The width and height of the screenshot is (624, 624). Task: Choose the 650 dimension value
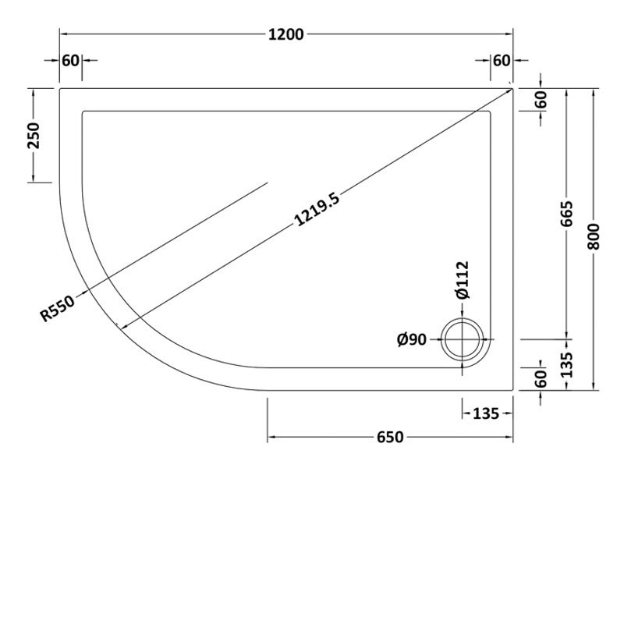390,438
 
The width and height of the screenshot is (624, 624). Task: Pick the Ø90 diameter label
411,339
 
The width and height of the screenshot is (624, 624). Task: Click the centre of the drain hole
463,340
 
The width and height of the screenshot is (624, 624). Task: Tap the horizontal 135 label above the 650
486,413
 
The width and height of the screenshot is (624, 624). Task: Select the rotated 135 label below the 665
567,364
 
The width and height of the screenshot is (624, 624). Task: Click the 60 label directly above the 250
71,60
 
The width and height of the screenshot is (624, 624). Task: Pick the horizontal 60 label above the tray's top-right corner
501,60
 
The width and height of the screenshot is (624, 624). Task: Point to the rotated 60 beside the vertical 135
541,378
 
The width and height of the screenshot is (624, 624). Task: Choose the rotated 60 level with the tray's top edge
541,100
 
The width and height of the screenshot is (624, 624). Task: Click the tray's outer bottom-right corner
513,389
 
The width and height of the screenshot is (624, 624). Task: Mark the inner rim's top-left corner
82,111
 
